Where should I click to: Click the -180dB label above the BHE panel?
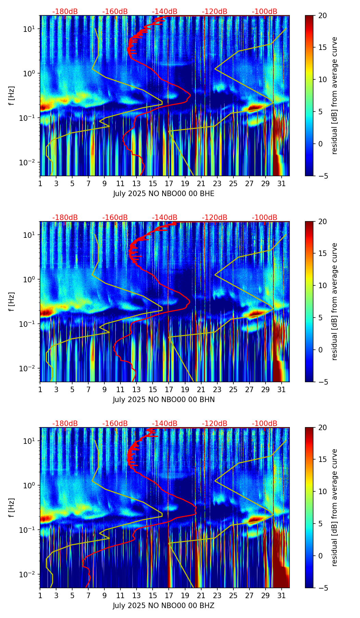(65, 12)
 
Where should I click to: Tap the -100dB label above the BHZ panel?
(265, 424)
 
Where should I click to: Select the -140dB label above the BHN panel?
(165, 218)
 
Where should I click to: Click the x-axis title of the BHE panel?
(164, 194)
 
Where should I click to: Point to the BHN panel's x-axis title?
(164, 400)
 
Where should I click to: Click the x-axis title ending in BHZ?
(164, 606)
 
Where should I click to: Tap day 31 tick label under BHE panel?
(282, 183)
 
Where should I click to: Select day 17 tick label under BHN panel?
(169, 389)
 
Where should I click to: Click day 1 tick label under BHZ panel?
(40, 595)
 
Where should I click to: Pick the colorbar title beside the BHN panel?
(334, 301)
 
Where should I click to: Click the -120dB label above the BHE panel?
(215, 12)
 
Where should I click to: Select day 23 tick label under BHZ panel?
(217, 595)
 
